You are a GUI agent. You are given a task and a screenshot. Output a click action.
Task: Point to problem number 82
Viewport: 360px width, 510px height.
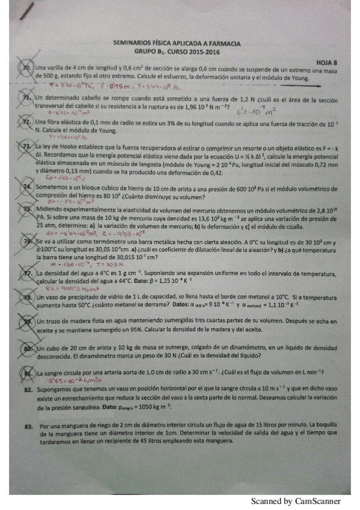pos(28,390)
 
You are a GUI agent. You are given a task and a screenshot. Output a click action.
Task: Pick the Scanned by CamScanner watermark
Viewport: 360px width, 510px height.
pos(296,501)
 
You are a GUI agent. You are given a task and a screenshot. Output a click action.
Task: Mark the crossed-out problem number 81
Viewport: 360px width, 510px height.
pos(28,373)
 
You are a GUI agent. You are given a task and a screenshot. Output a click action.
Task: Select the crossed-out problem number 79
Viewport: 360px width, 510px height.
pos(28,322)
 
